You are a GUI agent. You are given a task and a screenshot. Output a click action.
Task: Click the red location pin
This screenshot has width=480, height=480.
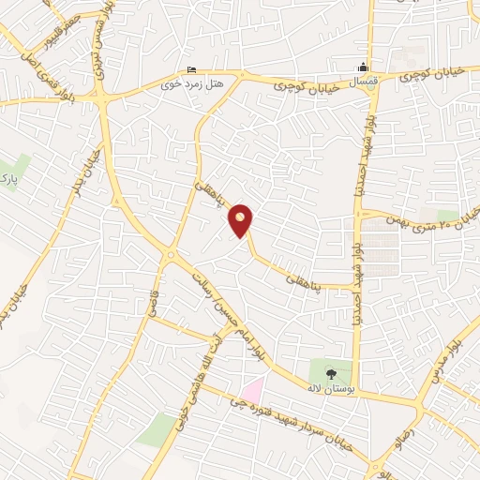click(x=241, y=220)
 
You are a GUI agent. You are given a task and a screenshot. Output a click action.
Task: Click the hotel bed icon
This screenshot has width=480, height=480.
click(x=192, y=69)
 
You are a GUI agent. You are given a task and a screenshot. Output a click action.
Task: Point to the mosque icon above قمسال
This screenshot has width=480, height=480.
click(x=364, y=67)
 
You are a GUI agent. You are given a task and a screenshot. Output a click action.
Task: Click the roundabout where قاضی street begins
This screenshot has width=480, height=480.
click(x=171, y=255)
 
